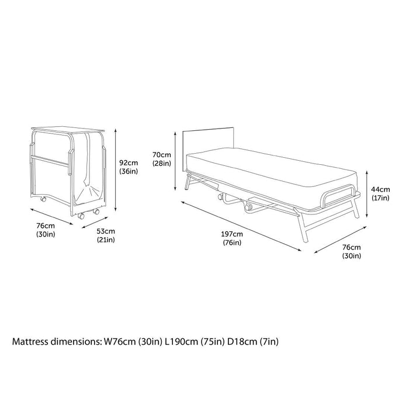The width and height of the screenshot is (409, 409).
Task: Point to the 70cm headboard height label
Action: tap(161, 154)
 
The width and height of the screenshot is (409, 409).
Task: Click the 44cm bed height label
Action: tap(380, 189)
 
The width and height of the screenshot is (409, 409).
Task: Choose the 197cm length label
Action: tap(232, 234)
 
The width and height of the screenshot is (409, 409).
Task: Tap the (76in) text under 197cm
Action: tap(232, 243)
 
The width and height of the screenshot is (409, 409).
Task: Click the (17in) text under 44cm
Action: tap(380, 199)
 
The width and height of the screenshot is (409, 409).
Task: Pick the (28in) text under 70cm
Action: tap(161, 164)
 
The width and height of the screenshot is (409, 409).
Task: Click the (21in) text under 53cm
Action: tap(106, 240)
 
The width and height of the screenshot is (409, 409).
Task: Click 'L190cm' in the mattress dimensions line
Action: tap(176, 340)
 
